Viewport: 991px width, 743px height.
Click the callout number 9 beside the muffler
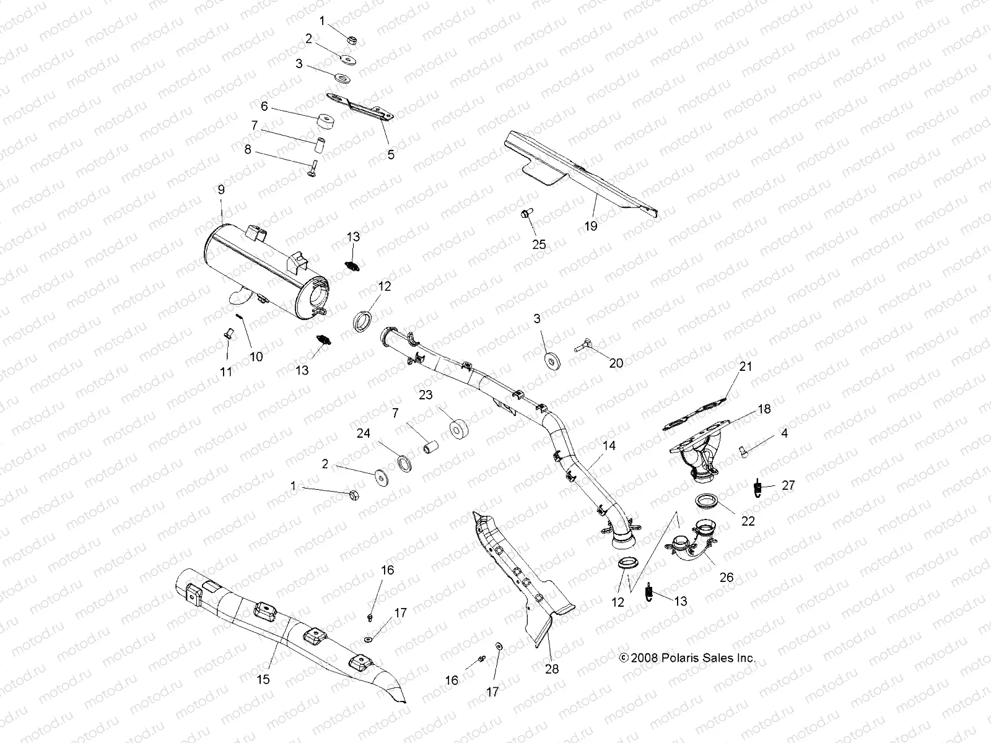coord(221,190)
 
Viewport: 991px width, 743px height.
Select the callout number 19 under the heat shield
coord(591,226)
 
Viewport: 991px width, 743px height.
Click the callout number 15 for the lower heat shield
coord(263,679)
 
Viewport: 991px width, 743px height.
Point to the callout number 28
coord(551,669)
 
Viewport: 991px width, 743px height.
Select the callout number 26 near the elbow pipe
coord(727,577)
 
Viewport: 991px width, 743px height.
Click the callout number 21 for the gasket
coord(746,366)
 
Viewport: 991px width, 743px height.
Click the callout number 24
coord(364,433)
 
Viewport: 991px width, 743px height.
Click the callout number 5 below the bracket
coord(391,155)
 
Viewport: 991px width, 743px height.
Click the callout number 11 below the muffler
coord(226,371)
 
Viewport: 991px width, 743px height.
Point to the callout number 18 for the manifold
coord(764,409)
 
